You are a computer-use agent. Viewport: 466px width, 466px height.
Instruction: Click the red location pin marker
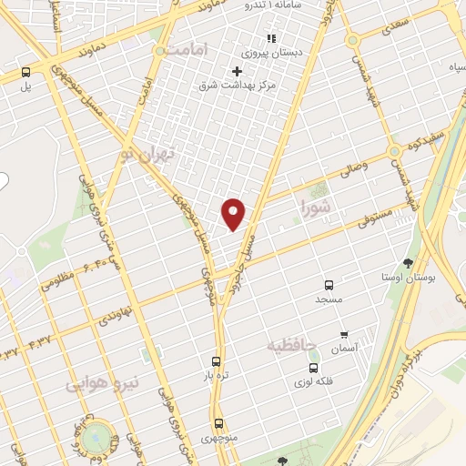pyautogui.click(x=234, y=213)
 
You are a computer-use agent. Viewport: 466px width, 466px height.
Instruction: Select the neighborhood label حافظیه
pyautogui.click(x=291, y=344)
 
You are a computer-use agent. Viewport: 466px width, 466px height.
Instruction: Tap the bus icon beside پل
pyautogui.click(x=26, y=72)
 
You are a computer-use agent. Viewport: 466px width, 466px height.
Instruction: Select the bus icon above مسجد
pyautogui.click(x=329, y=284)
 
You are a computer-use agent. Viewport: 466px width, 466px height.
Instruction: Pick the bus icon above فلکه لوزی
pyautogui.click(x=313, y=368)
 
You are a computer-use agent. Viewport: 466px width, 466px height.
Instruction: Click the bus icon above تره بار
pyautogui.click(x=216, y=360)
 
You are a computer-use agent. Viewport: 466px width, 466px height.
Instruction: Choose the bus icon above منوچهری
pyautogui.click(x=218, y=423)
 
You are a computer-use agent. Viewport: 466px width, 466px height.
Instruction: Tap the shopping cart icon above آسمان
pyautogui.click(x=345, y=335)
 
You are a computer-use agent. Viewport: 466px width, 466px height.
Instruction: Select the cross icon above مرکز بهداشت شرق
pyautogui.click(x=237, y=71)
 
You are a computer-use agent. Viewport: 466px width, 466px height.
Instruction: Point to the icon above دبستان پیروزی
pyautogui.click(x=269, y=38)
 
